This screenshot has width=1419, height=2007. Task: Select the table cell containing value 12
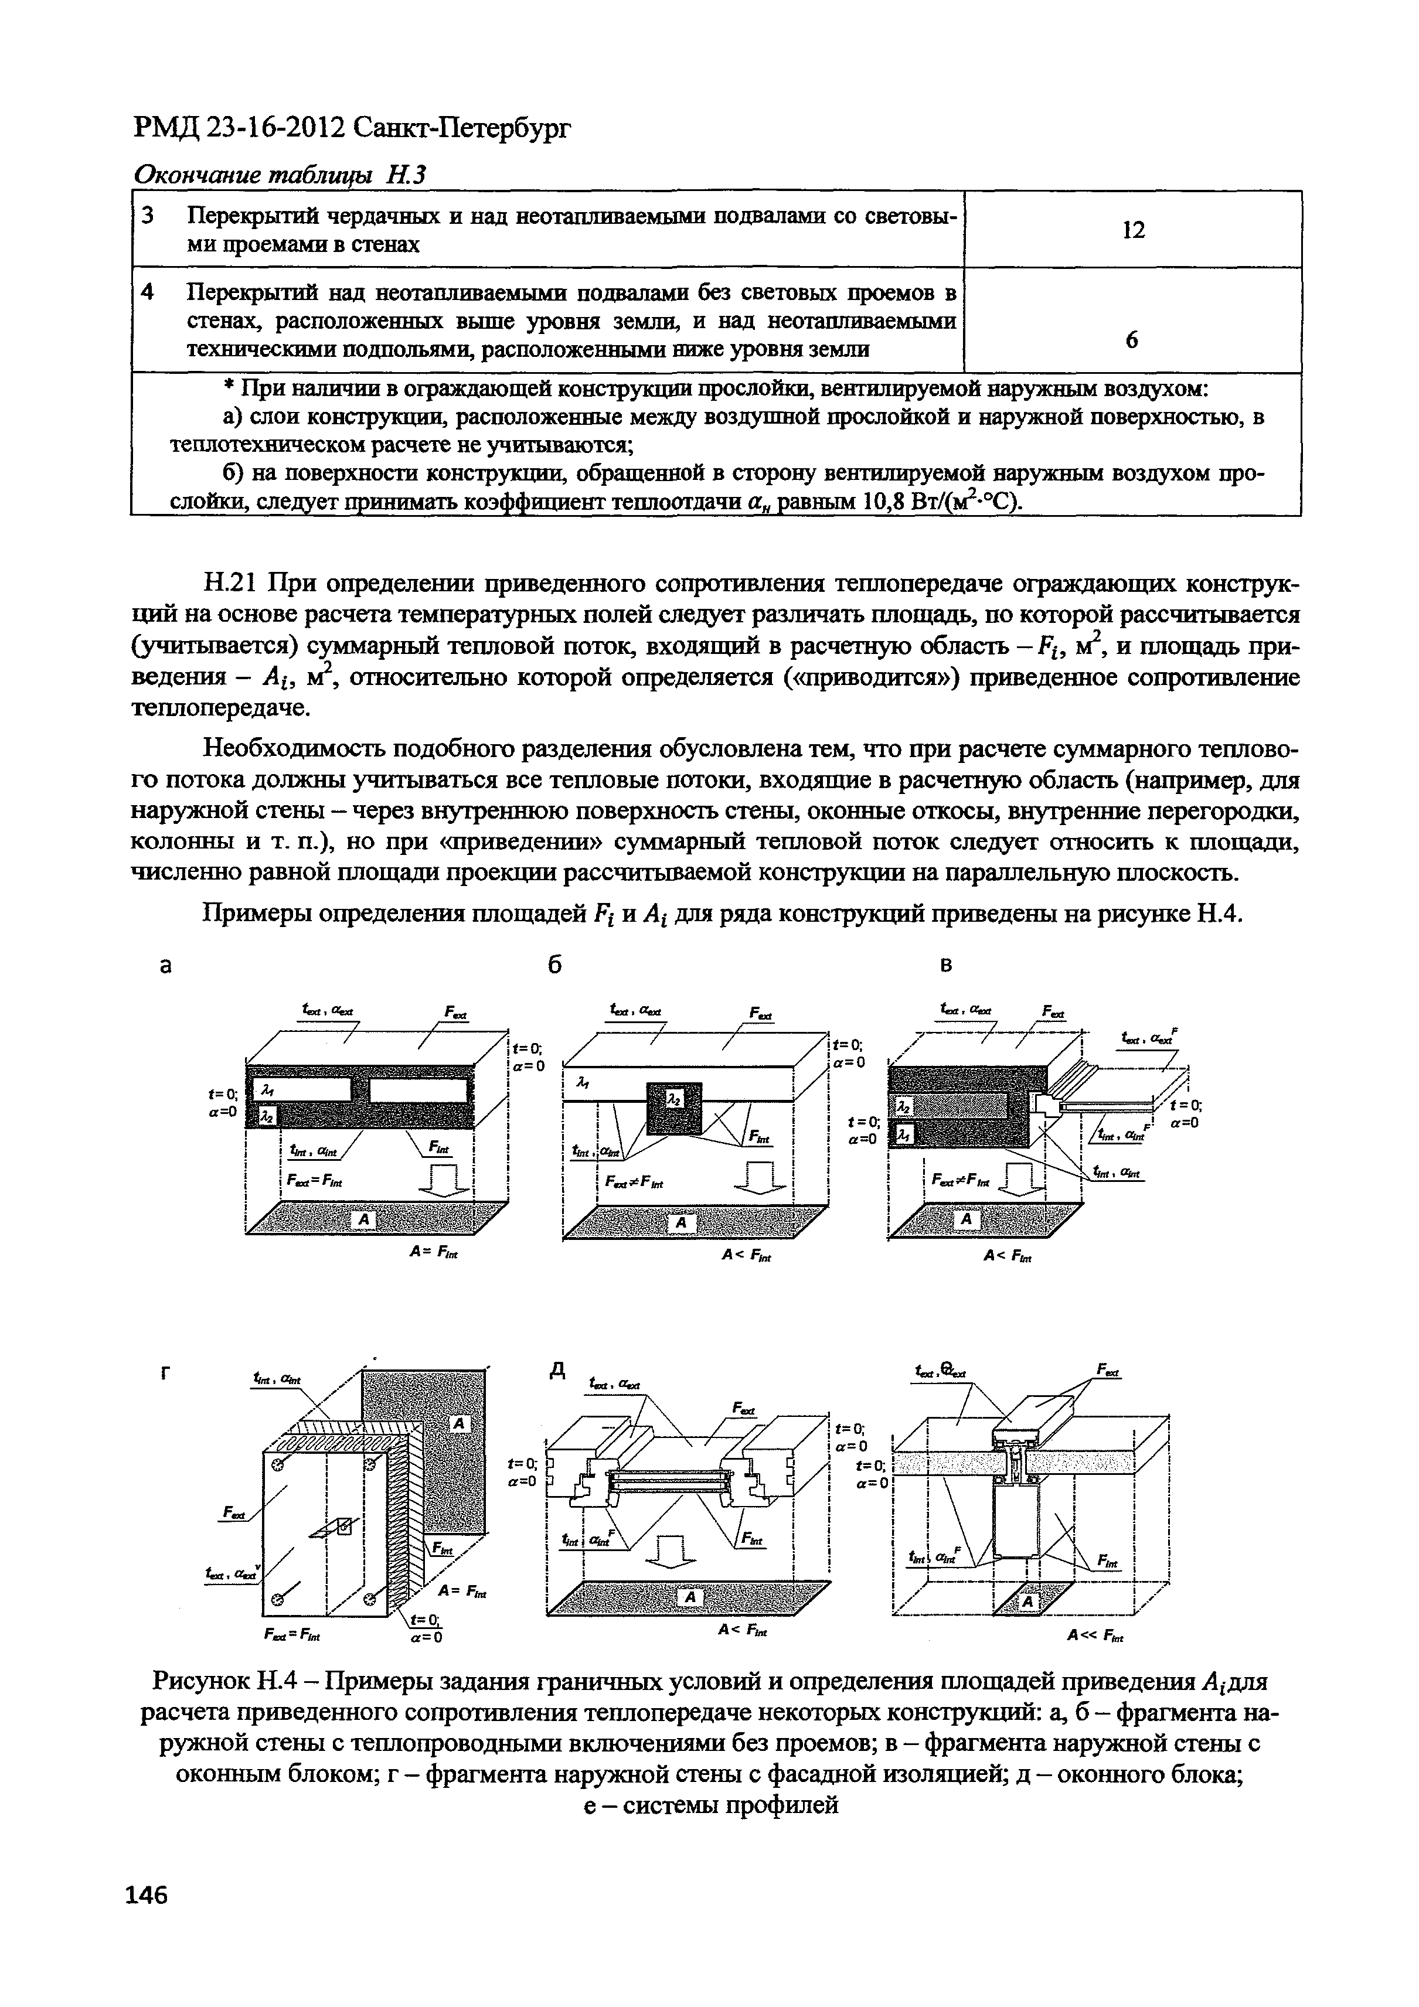1133,230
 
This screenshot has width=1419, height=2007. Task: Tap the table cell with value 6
1132,340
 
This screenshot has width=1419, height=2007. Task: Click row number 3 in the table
148,216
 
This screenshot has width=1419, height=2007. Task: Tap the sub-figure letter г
164,1375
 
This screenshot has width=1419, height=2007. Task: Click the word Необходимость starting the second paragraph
290,749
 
